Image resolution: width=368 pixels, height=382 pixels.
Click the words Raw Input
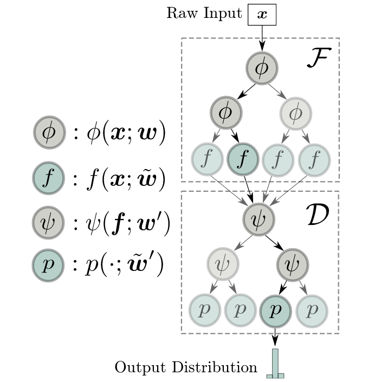click(204, 14)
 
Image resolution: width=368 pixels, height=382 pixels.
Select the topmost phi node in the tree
click(262, 68)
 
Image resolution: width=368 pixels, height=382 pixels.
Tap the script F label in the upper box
click(318, 57)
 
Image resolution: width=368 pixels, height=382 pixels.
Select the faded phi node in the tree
click(296, 113)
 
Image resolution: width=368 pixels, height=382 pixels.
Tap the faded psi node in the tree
click(223, 265)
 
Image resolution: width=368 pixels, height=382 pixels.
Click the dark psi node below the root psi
click(293, 265)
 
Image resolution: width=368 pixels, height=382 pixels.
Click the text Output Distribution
click(186, 367)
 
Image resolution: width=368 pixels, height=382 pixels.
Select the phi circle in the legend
click(49, 133)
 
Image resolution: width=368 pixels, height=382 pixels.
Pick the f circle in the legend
click(49, 179)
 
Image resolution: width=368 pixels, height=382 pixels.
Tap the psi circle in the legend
click(49, 224)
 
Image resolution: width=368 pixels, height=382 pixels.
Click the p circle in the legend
click(49, 266)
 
